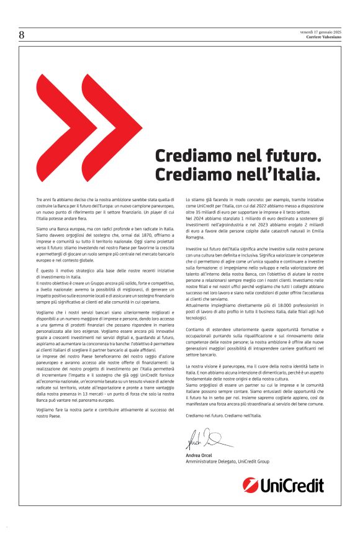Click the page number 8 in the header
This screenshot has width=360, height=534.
22,35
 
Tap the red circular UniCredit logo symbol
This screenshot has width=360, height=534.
251,484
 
